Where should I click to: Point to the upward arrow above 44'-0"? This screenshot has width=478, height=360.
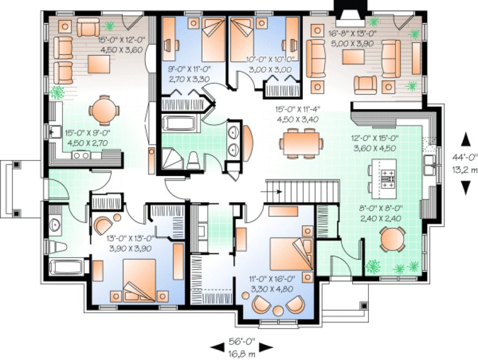pyautogui.click(x=464, y=139)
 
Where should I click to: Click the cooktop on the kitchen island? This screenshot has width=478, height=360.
pyautogui.click(x=388, y=178)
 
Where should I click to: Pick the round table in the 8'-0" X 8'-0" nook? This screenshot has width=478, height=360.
pyautogui.click(x=392, y=239)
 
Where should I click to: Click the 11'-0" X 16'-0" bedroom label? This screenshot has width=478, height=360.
pyautogui.click(x=271, y=279)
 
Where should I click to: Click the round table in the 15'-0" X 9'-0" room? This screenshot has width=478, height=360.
pyautogui.click(x=103, y=111)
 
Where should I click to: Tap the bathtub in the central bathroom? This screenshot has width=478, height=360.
pyautogui.click(x=180, y=123)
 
